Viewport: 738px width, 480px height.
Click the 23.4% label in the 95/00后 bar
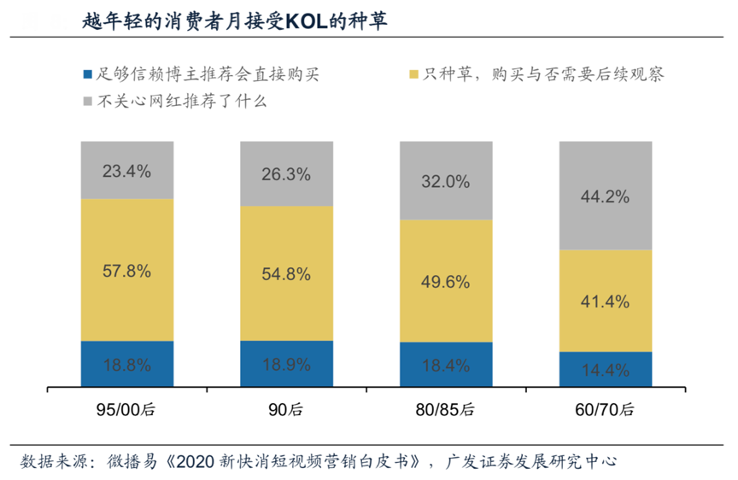pyautogui.click(x=127, y=171)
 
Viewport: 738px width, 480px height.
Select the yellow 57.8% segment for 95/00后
pyautogui.click(x=127, y=272)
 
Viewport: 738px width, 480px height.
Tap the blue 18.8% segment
pyautogui.click(x=127, y=365)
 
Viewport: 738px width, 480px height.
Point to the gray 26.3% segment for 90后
pyautogui.click(x=286, y=174)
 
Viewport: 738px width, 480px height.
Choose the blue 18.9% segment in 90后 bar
pyautogui.click(x=286, y=365)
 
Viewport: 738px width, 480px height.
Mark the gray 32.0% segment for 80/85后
pyautogui.click(x=446, y=181)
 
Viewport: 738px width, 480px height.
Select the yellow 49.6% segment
pyautogui.click(x=446, y=282)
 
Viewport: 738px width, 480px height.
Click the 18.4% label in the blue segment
pyautogui.click(x=446, y=366)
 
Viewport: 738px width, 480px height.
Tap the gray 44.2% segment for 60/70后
pyautogui.click(x=606, y=196)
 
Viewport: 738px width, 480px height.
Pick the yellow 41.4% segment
pyautogui.click(x=606, y=301)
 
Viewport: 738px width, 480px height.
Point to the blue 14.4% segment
pyautogui.click(x=606, y=370)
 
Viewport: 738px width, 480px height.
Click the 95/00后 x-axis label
pyautogui.click(x=127, y=409)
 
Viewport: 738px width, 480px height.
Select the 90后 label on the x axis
pyautogui.click(x=286, y=409)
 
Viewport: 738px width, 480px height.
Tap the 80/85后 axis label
pyautogui.click(x=446, y=409)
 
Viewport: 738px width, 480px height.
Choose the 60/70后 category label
pyautogui.click(x=606, y=409)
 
